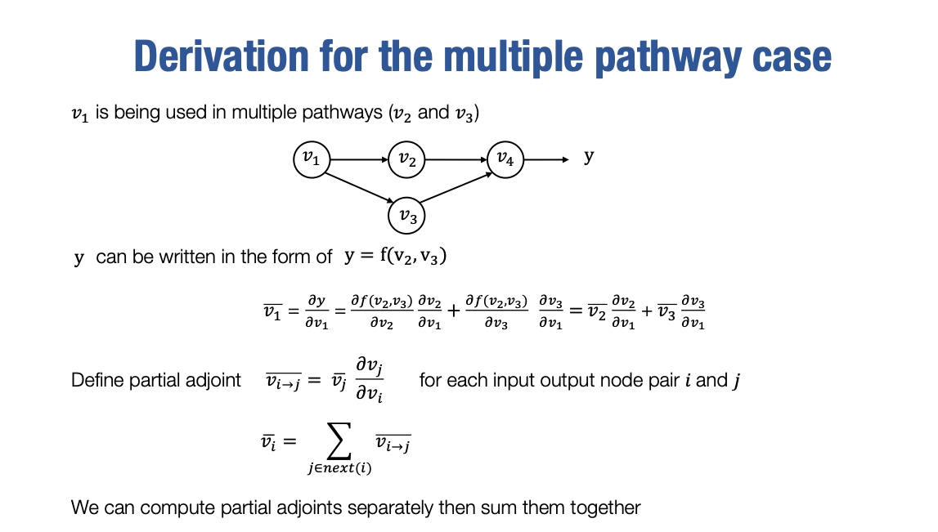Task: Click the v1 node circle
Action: point(311,159)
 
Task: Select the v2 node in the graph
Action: point(406,159)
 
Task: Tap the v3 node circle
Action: point(406,216)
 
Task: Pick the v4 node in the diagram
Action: point(505,159)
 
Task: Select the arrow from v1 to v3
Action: point(360,186)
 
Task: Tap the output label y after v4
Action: point(589,156)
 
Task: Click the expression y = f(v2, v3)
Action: point(395,257)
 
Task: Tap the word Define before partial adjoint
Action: point(97,380)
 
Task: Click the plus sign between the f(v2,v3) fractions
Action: point(454,312)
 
